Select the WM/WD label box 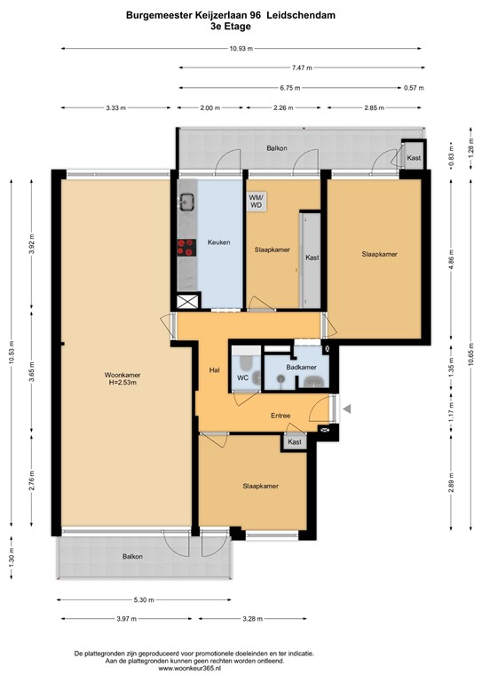click(x=256, y=201)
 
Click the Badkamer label click(x=301, y=367)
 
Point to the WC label click(x=242, y=377)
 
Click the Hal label click(x=214, y=369)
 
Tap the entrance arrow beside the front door click(x=347, y=409)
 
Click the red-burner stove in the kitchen click(x=186, y=249)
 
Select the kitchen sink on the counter click(x=186, y=202)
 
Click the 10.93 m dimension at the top click(x=241, y=49)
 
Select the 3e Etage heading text click(x=241, y=27)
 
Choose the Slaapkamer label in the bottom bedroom click(x=261, y=486)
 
